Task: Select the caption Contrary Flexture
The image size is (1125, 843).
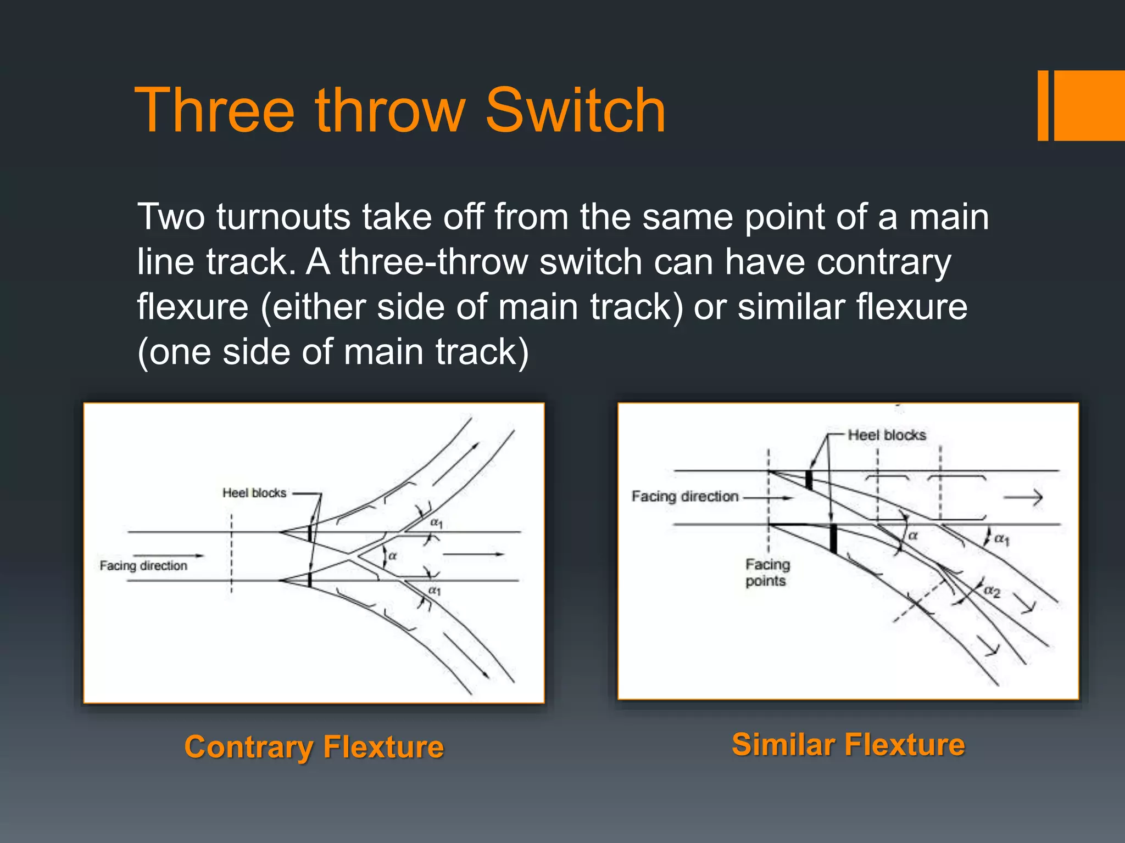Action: (x=314, y=748)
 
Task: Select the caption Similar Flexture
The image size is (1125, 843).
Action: (x=848, y=745)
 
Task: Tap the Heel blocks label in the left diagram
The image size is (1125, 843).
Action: (x=254, y=493)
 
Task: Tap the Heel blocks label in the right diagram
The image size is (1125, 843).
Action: (x=887, y=435)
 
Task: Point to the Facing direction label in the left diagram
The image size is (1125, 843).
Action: (x=143, y=566)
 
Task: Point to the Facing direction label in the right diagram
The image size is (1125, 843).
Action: (x=685, y=497)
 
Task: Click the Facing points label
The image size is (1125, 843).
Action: (x=767, y=572)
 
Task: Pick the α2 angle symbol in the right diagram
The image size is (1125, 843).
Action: (x=992, y=591)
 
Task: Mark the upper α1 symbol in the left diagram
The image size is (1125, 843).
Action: (x=436, y=522)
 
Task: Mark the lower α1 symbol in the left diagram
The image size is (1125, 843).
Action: (x=435, y=591)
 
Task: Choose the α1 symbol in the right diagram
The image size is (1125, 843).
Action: (x=1002, y=539)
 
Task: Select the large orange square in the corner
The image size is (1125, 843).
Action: (x=1090, y=105)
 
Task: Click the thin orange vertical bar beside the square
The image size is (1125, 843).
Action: (x=1043, y=105)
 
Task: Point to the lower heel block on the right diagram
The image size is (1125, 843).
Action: (x=833, y=538)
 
